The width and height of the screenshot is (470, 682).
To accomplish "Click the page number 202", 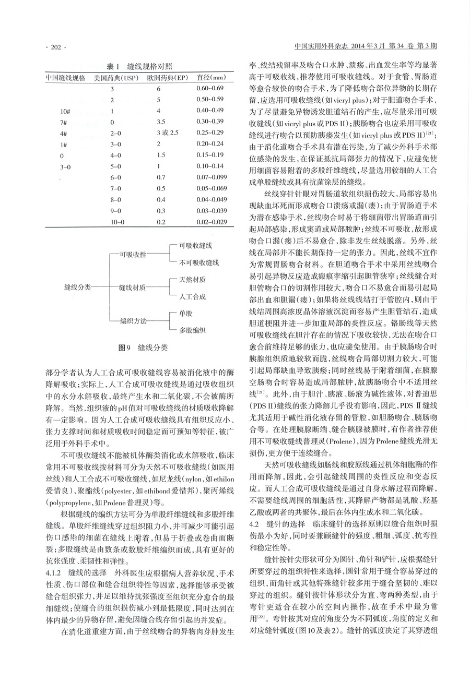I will [x=54, y=47].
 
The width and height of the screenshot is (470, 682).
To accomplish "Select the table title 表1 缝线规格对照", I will [x=139, y=66].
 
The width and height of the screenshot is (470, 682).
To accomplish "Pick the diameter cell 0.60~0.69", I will [x=210, y=88].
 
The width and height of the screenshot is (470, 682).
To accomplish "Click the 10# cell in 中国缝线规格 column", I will [x=65, y=111].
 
